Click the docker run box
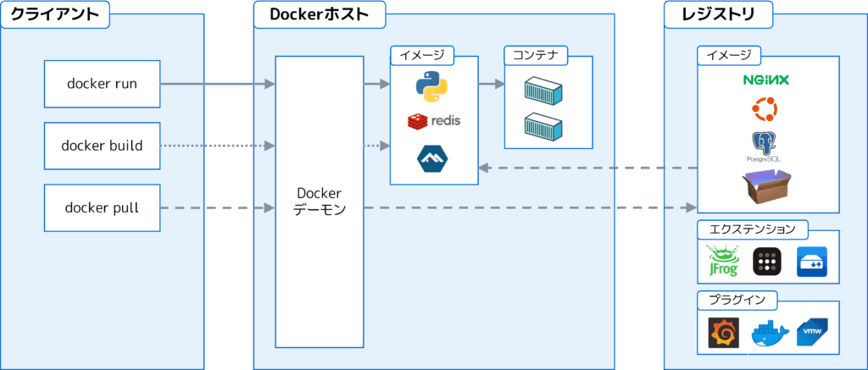coord(102,84)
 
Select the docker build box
coord(102,146)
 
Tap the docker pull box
coord(102,207)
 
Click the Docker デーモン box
coord(320,202)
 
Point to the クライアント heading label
coord(54,14)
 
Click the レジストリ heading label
coord(718,14)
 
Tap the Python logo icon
coord(431,86)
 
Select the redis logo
coord(434,121)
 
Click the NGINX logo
coord(765,80)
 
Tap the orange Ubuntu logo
coord(765,109)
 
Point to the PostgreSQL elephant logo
coord(765,146)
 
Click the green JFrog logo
coord(722,262)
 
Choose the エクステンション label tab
coord(752,229)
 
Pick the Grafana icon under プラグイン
coord(724,334)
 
